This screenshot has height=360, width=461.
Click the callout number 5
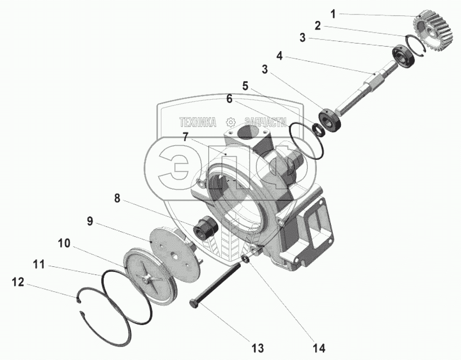pyautogui.click(x=245, y=86)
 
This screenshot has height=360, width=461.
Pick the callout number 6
pyautogui.click(x=229, y=99)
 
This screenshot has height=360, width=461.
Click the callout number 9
pyautogui.click(x=90, y=221)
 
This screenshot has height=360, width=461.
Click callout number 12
pyautogui.click(x=18, y=282)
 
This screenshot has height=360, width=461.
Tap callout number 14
pyautogui.click(x=318, y=347)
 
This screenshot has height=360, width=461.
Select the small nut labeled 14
pyautogui.click(x=245, y=259)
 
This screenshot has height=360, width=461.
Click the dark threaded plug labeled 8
pyautogui.click(x=205, y=228)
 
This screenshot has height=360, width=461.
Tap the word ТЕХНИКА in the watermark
pyautogui.click(x=198, y=122)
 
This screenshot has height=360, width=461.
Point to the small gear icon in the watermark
pyautogui.click(x=231, y=122)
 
